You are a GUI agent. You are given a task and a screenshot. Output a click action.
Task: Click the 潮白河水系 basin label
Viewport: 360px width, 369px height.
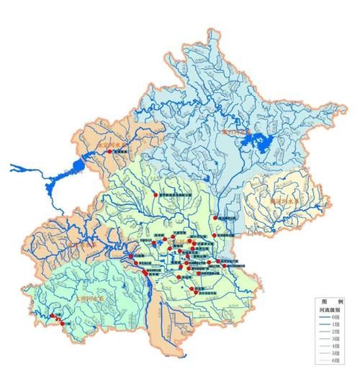coord(237,132)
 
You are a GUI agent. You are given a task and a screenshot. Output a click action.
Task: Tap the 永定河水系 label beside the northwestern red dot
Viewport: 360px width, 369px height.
coord(111,144)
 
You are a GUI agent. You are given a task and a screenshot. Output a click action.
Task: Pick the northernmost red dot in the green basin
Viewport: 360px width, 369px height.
coord(155,195)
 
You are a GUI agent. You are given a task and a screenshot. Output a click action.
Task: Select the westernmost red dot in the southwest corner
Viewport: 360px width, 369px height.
coord(55,315)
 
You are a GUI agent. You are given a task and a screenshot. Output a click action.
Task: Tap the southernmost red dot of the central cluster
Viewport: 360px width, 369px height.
coord(194,289)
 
